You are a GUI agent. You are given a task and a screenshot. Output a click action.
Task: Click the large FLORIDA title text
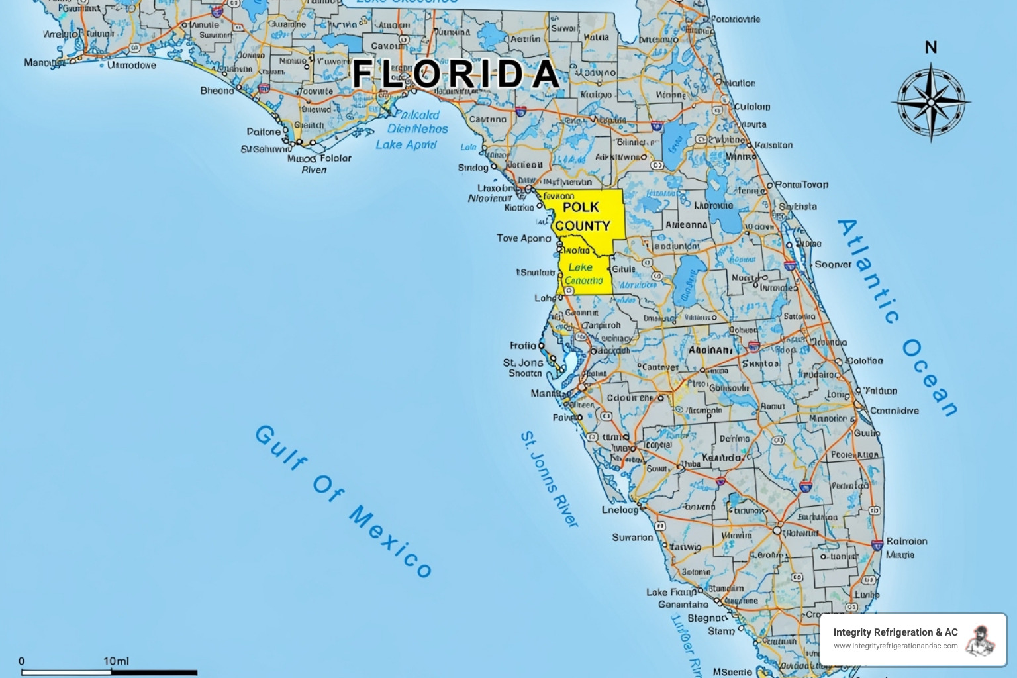[x=456, y=73]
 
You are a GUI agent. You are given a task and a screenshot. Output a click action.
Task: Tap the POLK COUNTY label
[x=582, y=217]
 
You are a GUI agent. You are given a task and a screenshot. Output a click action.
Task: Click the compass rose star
[x=930, y=103]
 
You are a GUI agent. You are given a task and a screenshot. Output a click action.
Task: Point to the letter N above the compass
[x=931, y=48]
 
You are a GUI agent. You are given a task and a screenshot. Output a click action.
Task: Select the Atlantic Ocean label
[x=898, y=316]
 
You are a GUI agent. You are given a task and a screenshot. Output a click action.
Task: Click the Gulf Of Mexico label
[x=343, y=501]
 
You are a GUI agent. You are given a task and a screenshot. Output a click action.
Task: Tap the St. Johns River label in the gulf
[x=549, y=479]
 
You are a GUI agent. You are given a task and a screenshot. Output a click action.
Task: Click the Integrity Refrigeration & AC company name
[x=895, y=632]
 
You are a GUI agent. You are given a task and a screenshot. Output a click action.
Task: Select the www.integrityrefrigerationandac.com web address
[x=895, y=646]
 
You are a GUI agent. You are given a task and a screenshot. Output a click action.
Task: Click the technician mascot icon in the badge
[x=981, y=640]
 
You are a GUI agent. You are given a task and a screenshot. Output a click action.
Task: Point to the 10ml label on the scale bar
[x=116, y=661]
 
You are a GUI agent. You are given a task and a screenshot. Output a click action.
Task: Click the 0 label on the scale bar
[x=22, y=661]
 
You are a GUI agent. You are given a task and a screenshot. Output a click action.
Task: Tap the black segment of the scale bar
[x=154, y=673]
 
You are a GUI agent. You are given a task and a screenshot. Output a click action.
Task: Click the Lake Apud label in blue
[x=406, y=144]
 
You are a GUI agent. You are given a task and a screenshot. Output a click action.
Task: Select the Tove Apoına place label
[x=524, y=238]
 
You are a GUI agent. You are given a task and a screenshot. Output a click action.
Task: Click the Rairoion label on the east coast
[x=906, y=541]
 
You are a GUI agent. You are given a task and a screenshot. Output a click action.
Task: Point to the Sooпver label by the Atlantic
[x=833, y=264]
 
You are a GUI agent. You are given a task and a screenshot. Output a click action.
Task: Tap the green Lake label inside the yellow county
[x=581, y=267]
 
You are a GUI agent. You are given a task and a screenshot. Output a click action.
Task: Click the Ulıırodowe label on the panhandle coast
[x=132, y=65]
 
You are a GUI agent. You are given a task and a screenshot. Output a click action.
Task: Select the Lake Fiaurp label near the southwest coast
[x=671, y=592]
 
